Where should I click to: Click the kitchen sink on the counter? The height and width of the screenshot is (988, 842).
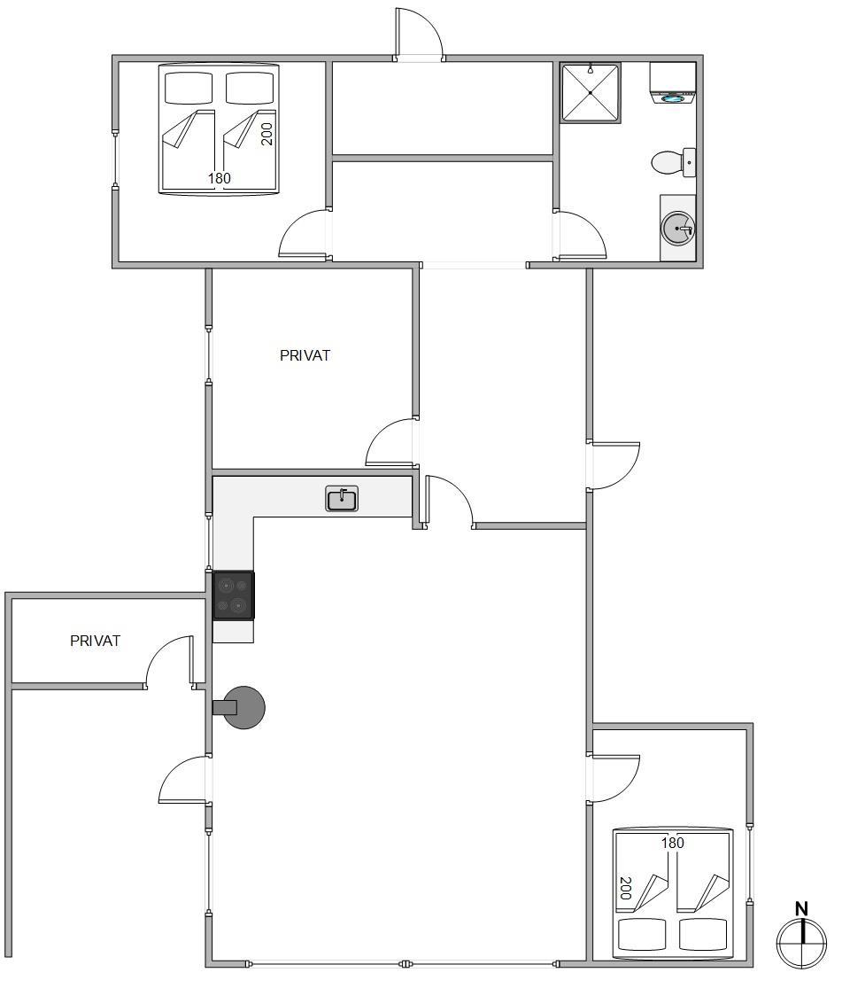pyautogui.click(x=342, y=498)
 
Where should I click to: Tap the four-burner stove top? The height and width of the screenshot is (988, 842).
pyautogui.click(x=234, y=595)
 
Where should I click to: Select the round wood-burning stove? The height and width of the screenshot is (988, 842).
pyautogui.click(x=243, y=708)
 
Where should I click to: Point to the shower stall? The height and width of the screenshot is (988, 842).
pyautogui.click(x=590, y=92)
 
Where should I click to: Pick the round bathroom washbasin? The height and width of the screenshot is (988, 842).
pyautogui.click(x=677, y=227)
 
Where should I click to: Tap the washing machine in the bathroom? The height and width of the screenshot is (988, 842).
pyautogui.click(x=673, y=82)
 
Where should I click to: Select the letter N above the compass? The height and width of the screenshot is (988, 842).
pyautogui.click(x=801, y=908)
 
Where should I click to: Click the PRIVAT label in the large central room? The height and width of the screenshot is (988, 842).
pyautogui.click(x=305, y=355)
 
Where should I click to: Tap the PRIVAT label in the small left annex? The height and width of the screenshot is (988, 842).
pyautogui.click(x=95, y=641)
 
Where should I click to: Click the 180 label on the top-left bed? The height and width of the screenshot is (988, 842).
pyautogui.click(x=220, y=178)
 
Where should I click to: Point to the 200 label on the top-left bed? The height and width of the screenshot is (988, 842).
pyautogui.click(x=267, y=134)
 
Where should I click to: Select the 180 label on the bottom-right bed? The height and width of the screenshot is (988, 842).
pyautogui.click(x=673, y=843)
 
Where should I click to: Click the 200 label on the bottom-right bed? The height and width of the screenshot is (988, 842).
pyautogui.click(x=625, y=888)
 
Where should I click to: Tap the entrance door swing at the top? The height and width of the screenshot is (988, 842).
pyautogui.click(x=420, y=34)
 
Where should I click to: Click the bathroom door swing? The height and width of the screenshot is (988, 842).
pyautogui.click(x=581, y=236)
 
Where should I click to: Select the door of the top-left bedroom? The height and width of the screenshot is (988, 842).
pyautogui.click(x=305, y=234)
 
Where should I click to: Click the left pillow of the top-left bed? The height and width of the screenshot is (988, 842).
pyautogui.click(x=189, y=89)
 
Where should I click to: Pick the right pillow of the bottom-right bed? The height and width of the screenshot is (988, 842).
pyautogui.click(x=704, y=934)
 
